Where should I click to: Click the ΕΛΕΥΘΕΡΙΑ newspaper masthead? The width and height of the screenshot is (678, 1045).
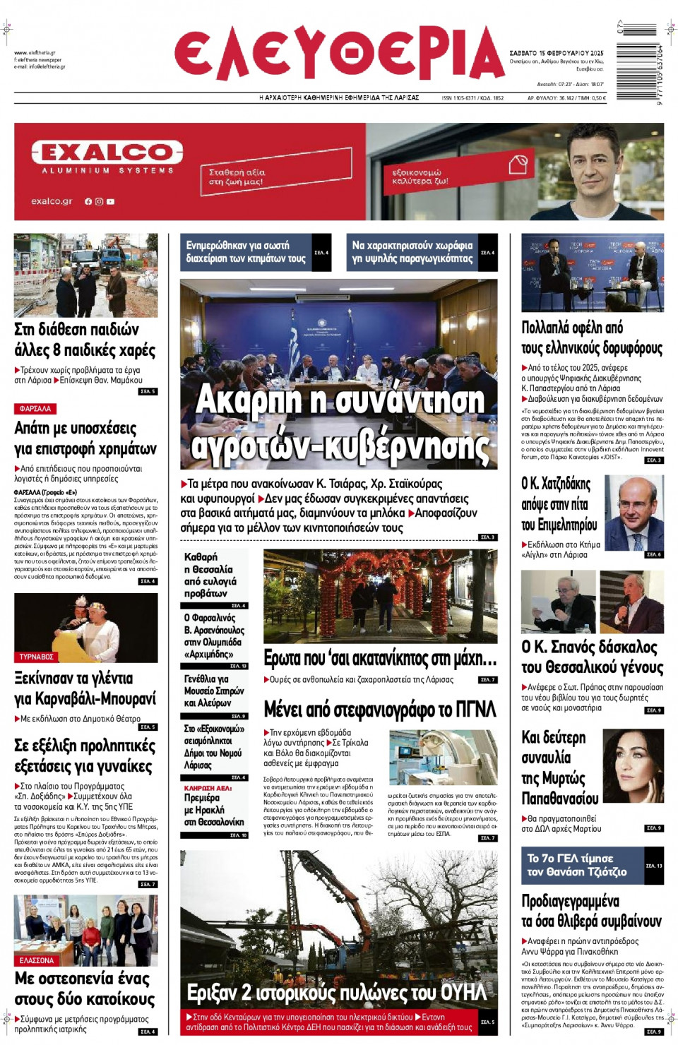pos(339,54)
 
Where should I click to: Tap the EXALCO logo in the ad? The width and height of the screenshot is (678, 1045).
pos(107,153)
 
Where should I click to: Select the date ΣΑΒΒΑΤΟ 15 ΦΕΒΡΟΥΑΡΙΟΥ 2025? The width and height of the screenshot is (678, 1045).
pos(557,53)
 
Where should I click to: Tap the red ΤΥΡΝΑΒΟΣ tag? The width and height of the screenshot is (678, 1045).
pos(37,657)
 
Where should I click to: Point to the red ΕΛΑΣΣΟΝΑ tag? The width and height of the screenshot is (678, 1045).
pos(37,960)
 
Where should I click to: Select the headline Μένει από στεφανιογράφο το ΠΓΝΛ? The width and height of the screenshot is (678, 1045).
pos(380,709)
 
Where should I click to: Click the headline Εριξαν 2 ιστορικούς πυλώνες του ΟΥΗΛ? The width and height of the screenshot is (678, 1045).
pos(336,993)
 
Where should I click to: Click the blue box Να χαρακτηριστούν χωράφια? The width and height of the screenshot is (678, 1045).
pos(412,252)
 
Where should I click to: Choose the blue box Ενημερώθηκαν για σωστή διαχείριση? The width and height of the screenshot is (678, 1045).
pos(246,252)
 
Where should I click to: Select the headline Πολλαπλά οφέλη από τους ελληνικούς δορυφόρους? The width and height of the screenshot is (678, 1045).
pos(592,338)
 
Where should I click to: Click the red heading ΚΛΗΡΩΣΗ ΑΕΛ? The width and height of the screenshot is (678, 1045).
pos(208,788)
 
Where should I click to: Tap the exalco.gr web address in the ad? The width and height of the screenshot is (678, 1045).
pos(52,201)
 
